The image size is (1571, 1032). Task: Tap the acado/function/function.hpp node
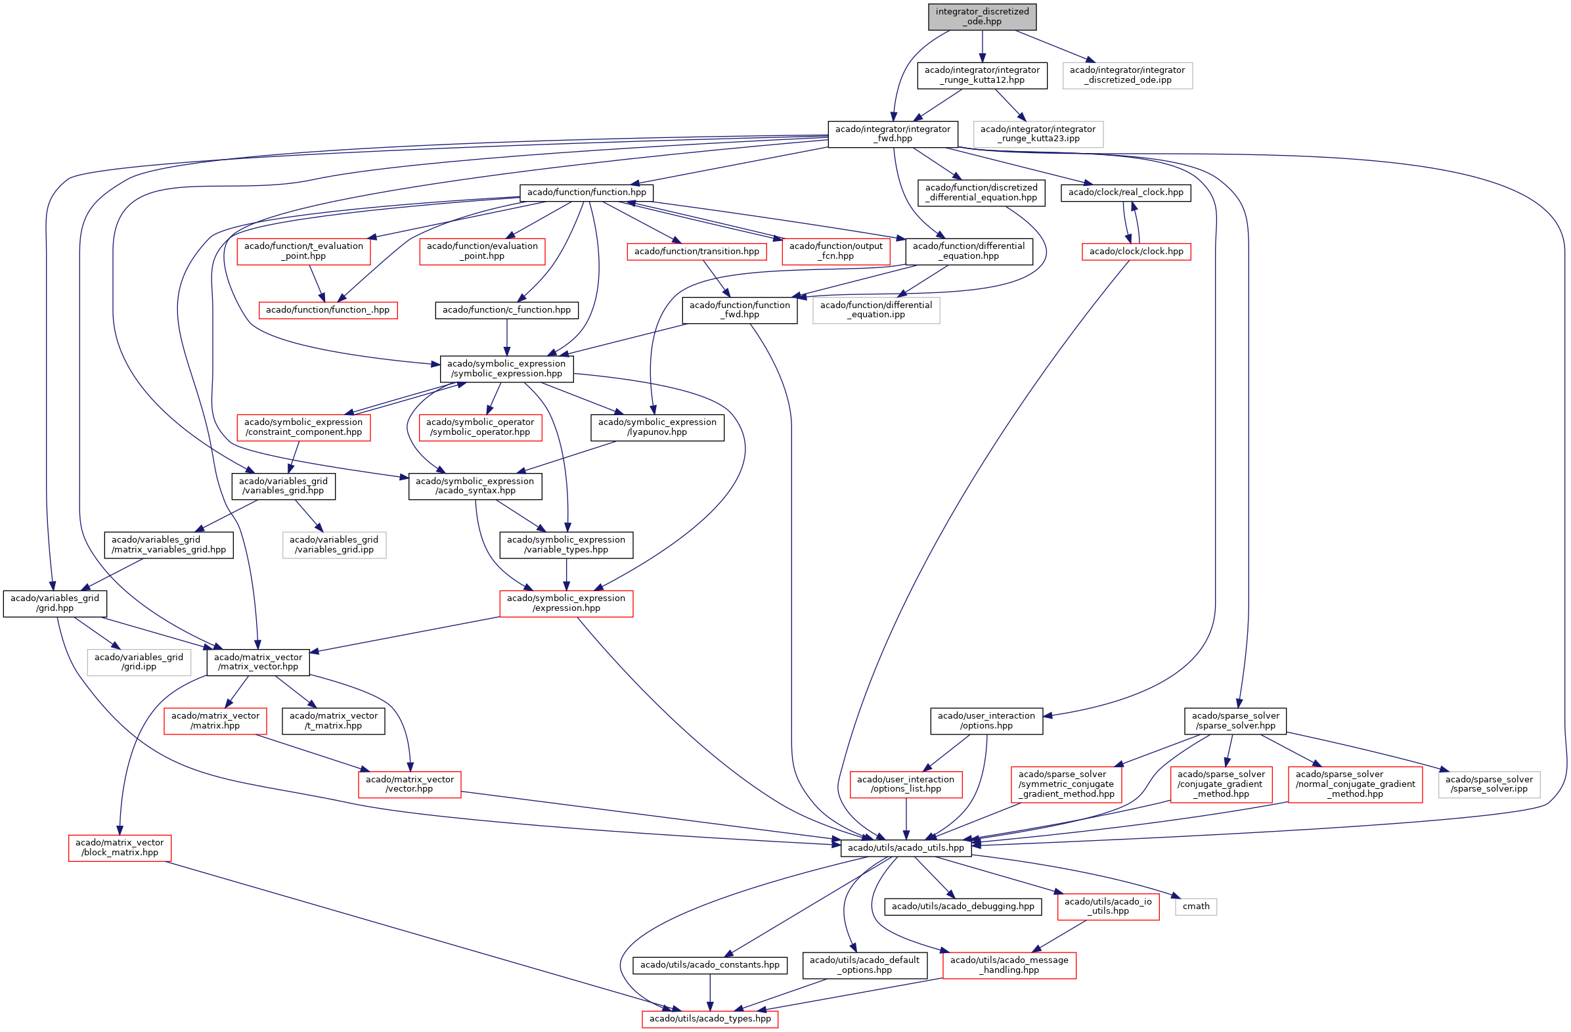tap(586, 192)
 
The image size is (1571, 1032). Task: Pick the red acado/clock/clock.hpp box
tap(1136, 252)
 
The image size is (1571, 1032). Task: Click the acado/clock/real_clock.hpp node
tap(1126, 192)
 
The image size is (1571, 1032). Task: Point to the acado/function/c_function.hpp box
tap(506, 309)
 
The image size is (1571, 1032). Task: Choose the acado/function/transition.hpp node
tap(696, 252)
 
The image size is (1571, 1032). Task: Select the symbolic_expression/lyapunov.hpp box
tap(657, 427)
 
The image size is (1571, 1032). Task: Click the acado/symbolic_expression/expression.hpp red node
tap(565, 604)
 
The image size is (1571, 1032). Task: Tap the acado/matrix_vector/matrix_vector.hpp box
tap(258, 662)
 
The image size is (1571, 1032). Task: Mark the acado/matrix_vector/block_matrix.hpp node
tap(120, 848)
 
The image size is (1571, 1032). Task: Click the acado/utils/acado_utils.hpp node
tap(906, 848)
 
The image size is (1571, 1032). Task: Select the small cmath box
tap(1195, 907)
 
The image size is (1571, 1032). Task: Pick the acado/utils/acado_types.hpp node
tap(709, 1019)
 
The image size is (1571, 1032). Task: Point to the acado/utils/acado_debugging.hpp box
tap(962, 907)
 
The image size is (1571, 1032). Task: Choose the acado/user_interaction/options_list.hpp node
tap(906, 784)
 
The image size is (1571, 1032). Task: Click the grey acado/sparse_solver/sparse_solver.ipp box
tap(1488, 784)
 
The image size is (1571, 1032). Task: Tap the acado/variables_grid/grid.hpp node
tap(55, 604)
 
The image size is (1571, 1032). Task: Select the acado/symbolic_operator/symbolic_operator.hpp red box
tap(480, 427)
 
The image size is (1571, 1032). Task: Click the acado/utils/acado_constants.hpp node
tap(709, 965)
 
